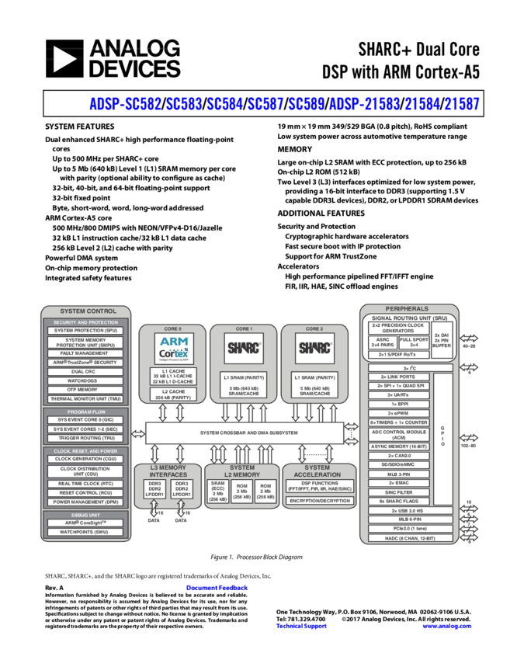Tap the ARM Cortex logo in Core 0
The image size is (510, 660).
[x=172, y=346]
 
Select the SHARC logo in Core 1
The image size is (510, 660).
[x=242, y=346]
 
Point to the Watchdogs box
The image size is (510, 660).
[x=84, y=380]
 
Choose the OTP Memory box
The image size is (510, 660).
[x=84, y=390]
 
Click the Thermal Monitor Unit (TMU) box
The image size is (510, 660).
[x=84, y=399]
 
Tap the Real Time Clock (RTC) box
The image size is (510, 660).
[x=84, y=483]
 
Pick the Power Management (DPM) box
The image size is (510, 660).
[x=84, y=502]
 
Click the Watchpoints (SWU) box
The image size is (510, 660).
[x=84, y=532]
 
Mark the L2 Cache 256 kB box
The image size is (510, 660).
[x=172, y=394]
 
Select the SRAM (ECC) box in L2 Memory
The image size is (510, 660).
[x=218, y=491]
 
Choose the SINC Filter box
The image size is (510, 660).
[x=399, y=492]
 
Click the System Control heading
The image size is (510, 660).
[x=84, y=311]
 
